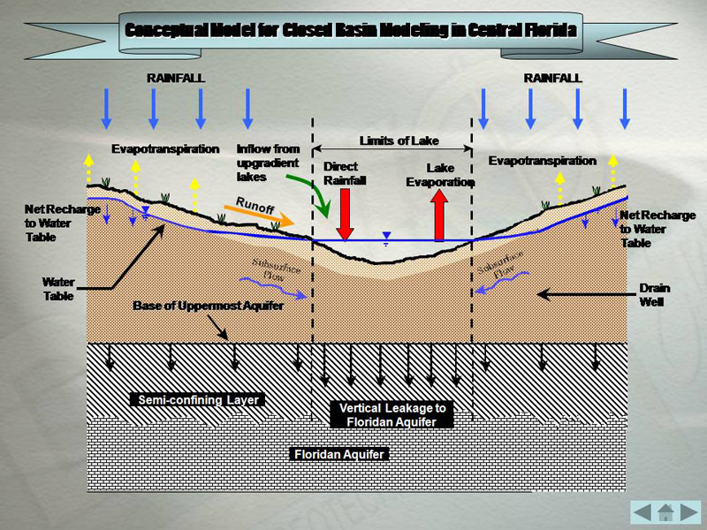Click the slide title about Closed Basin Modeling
[352, 30]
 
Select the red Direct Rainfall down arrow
[345, 214]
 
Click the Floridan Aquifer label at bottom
[339, 454]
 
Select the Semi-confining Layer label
[199, 400]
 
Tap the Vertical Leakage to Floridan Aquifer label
[395, 415]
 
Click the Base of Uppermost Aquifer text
[209, 306]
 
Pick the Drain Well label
[654, 295]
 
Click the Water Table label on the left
[58, 289]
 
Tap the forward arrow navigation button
[689, 511]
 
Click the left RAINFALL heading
[175, 78]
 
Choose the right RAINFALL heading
[552, 78]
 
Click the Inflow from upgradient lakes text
[267, 163]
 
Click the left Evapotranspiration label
[165, 148]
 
